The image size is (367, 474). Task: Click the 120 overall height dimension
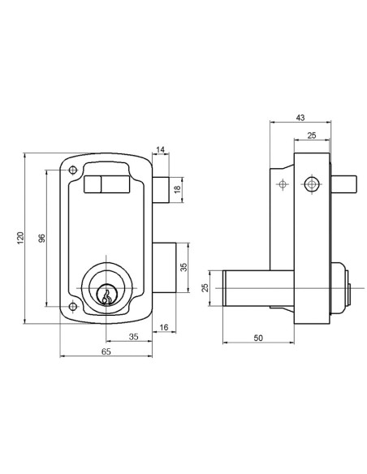tap(20, 238)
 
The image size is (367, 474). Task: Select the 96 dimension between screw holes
tap(41, 238)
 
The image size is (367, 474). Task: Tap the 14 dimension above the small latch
tap(161, 149)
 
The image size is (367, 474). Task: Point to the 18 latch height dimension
tap(178, 190)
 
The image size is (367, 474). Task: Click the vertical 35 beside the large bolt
tap(183, 267)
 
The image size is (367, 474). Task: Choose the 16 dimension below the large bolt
tap(163, 327)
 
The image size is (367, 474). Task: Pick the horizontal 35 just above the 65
tap(133, 337)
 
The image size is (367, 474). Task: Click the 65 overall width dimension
tap(106, 351)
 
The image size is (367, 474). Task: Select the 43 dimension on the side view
tap(300, 118)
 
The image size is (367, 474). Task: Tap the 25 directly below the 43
tap(311, 136)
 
